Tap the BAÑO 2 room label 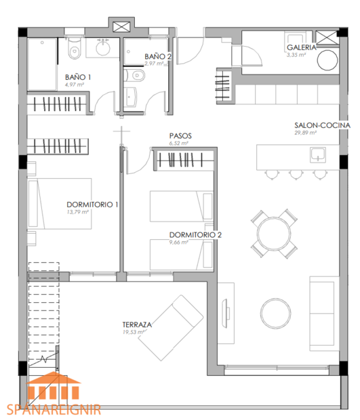pyautogui.click(x=157, y=56)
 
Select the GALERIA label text pyautogui.click(x=301, y=47)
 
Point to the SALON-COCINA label pyautogui.click(x=322, y=126)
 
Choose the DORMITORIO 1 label pyautogui.click(x=93, y=205)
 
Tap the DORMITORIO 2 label pyautogui.click(x=196, y=236)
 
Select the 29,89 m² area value pyautogui.click(x=306, y=133)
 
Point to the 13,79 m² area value pyautogui.click(x=78, y=211)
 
